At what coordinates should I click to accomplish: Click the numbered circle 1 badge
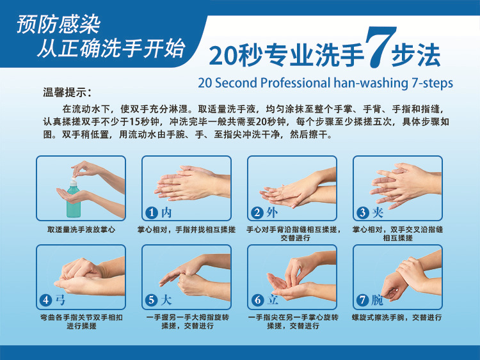coord(152,212)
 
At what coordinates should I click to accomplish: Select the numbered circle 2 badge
coord(257,212)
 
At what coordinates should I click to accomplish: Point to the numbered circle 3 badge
coord(363,212)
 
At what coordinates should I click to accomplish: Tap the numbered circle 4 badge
coord(46,300)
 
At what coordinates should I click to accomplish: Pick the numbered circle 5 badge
coord(152,300)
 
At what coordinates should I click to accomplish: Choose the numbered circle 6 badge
coord(257,300)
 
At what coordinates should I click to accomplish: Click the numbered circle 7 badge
coord(363,300)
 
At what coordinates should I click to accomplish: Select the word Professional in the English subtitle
coord(296,83)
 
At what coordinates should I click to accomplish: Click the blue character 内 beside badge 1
coord(166,212)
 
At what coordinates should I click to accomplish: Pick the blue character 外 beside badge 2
coord(272,212)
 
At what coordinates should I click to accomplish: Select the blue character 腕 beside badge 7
coord(378,300)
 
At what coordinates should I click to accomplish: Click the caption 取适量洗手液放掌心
coord(81,230)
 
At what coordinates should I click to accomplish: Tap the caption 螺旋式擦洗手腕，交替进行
coord(397,317)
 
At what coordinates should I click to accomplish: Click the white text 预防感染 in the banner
coord(58,24)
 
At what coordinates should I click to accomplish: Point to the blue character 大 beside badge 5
coord(166,300)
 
